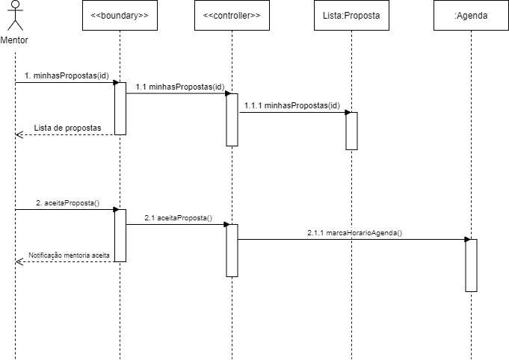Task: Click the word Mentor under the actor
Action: (15, 38)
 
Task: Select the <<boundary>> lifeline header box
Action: (120, 16)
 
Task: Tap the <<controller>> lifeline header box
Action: (232, 16)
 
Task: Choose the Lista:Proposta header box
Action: (351, 16)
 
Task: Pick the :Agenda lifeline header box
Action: (471, 16)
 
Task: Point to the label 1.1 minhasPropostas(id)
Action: (179, 87)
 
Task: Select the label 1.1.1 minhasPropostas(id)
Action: (291, 105)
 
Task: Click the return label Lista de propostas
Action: (67, 128)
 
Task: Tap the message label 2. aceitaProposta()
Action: (67, 202)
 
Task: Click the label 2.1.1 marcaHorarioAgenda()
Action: (354, 232)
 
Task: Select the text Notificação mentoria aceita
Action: (69, 255)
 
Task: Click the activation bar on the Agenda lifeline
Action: (471, 265)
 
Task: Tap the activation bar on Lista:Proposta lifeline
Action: (351, 131)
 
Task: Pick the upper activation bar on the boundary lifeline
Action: (120, 108)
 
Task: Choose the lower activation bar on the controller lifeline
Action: (232, 250)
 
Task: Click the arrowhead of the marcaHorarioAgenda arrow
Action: (467, 239)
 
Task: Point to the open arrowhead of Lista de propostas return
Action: (19, 134)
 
